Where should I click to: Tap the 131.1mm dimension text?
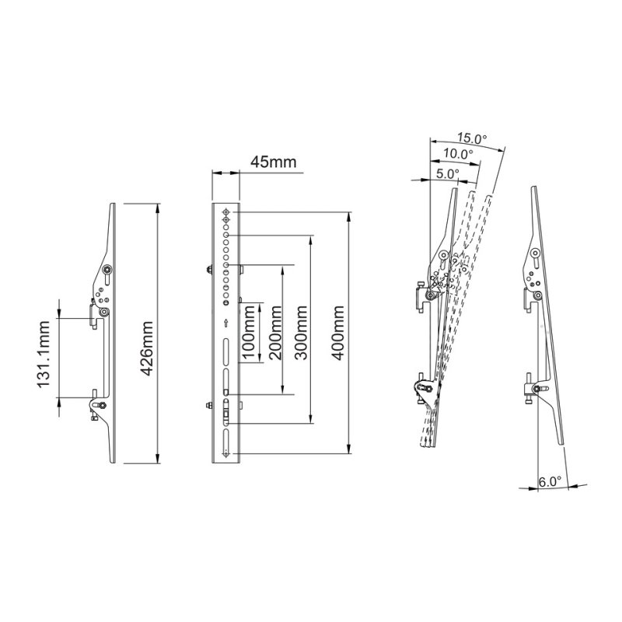pyautogui.click(x=44, y=358)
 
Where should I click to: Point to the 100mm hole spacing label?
pyautogui.click(x=250, y=332)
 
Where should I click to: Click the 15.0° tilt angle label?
pyautogui.click(x=472, y=138)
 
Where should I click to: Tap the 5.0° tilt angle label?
pyautogui.click(x=447, y=174)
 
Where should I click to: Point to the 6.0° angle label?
pyautogui.click(x=550, y=482)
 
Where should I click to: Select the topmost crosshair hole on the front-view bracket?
pyautogui.click(x=225, y=212)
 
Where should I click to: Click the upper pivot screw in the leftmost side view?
pyautogui.click(x=107, y=271)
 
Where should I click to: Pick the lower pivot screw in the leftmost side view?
pyautogui.click(x=99, y=404)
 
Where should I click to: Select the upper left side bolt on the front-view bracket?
pyautogui.click(x=211, y=271)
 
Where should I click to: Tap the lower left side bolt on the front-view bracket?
pyautogui.click(x=211, y=404)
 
